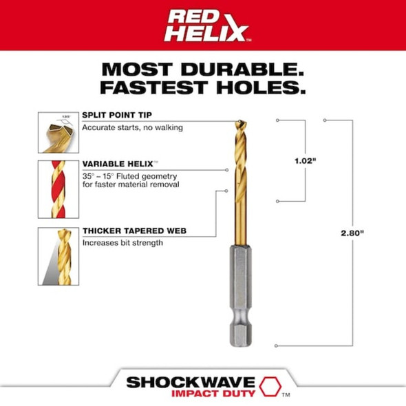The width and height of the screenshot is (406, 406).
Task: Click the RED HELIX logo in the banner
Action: coord(202,25)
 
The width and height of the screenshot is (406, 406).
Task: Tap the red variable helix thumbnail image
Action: coord(56,188)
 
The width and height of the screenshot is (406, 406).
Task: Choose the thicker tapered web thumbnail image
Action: coord(56,256)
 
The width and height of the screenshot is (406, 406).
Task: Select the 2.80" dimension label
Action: coord(352,233)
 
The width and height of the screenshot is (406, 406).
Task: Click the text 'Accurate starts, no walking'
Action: coord(133,128)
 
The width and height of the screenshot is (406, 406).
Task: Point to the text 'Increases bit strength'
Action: coord(122,242)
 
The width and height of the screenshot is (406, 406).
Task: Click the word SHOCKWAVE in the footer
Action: coord(190,381)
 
